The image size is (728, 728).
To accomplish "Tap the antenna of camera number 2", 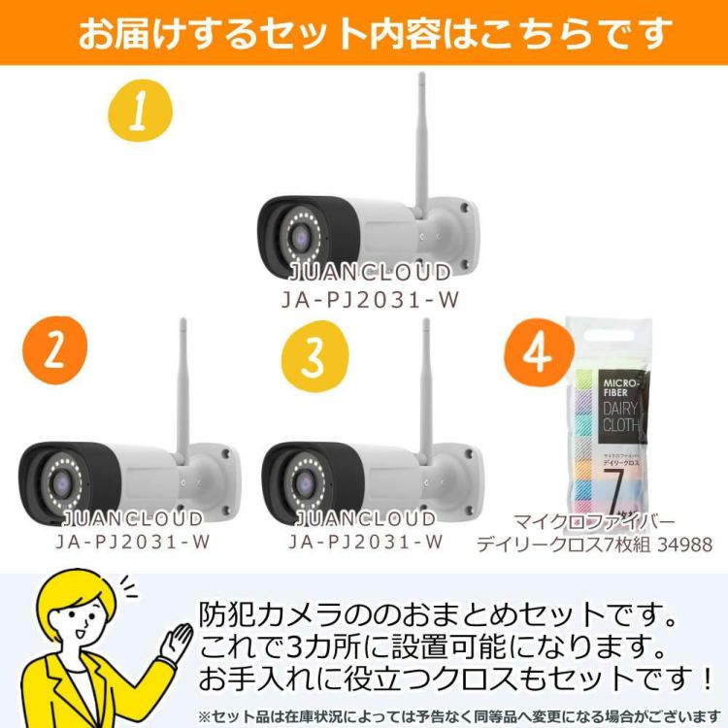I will tap(181, 388).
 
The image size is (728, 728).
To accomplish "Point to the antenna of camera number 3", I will tap(425, 388).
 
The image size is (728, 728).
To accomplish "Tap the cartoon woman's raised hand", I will tap(181, 636).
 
